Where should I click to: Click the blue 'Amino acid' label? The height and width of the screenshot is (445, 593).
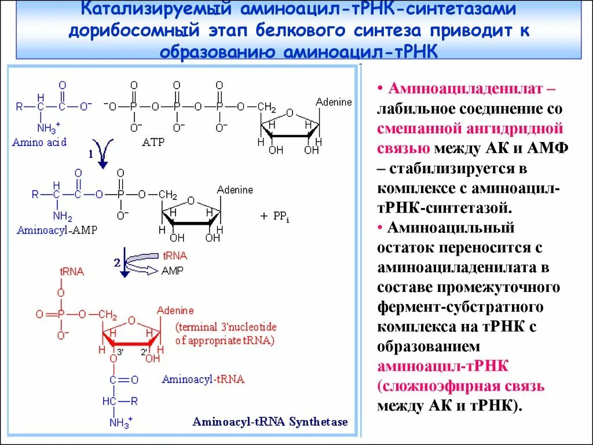pyautogui.click(x=39, y=142)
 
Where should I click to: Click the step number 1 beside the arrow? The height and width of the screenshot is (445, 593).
pyautogui.click(x=90, y=154)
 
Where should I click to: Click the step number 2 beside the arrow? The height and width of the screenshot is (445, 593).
pyautogui.click(x=116, y=262)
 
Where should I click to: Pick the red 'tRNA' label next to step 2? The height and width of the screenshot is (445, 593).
pyautogui.click(x=175, y=256)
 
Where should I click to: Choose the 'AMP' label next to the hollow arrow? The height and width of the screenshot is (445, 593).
pyautogui.click(x=173, y=271)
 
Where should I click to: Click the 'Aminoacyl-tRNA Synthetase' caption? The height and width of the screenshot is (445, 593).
pyautogui.click(x=270, y=421)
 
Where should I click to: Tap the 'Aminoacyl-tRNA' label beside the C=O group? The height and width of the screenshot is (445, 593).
pyautogui.click(x=203, y=380)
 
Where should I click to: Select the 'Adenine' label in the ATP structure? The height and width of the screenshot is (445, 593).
pyautogui.click(x=334, y=102)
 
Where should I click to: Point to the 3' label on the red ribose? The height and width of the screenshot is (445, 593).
pyautogui.click(x=120, y=352)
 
